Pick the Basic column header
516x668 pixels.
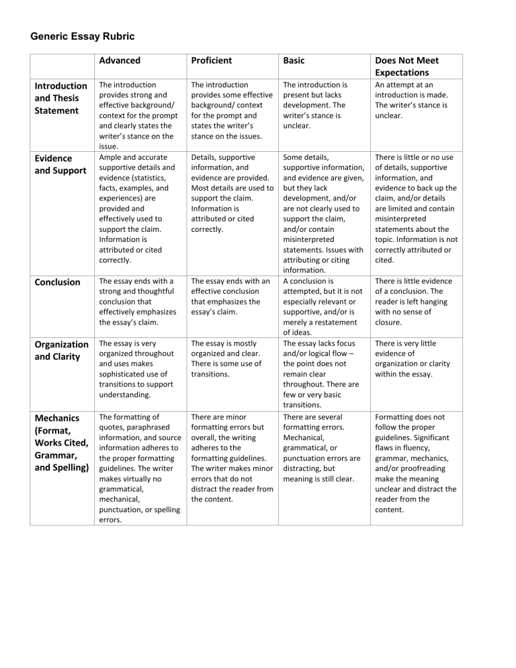click(294, 60)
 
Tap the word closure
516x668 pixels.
click(390, 322)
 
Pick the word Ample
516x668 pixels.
click(111, 156)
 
